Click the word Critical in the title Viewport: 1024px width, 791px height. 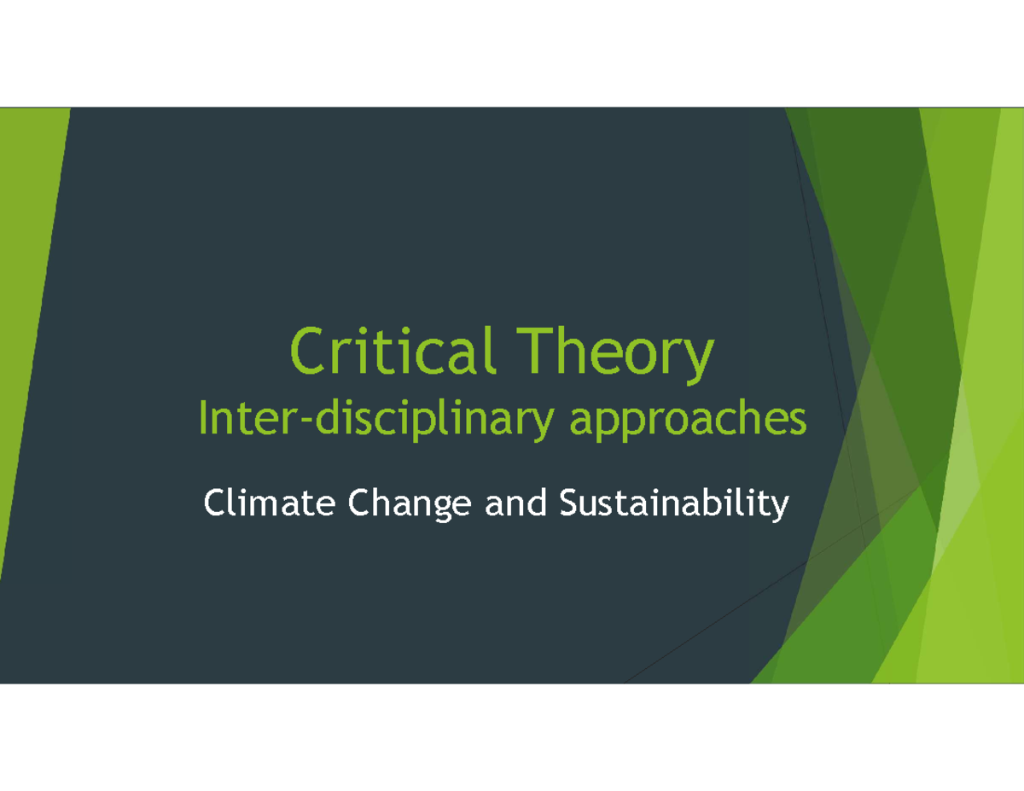[x=393, y=351]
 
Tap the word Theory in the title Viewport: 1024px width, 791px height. [x=615, y=356]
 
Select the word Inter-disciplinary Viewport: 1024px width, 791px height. [x=375, y=418]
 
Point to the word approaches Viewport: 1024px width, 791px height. [x=688, y=420]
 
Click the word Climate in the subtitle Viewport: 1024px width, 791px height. [x=269, y=503]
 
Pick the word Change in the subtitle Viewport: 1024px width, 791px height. [x=410, y=505]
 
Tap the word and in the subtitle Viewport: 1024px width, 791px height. [x=515, y=503]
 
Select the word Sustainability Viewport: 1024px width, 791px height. [x=674, y=505]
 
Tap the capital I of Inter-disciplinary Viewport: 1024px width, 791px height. [x=203, y=417]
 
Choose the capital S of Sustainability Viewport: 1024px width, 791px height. [x=569, y=503]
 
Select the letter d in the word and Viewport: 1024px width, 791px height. [x=537, y=503]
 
